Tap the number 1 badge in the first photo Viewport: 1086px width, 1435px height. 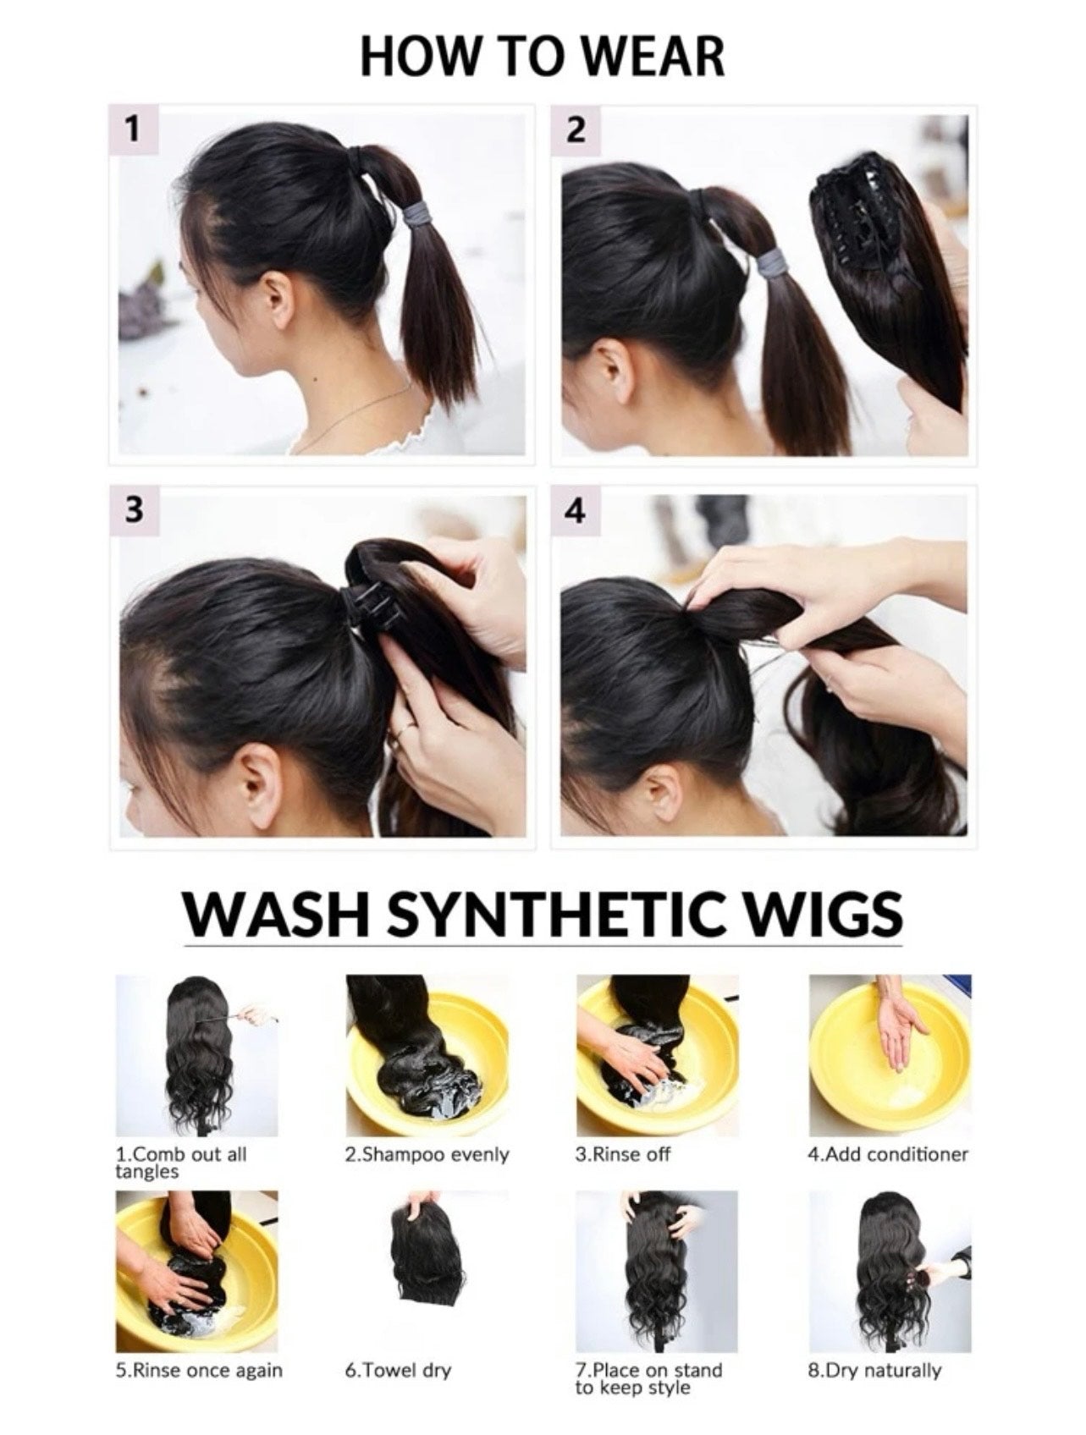(131, 129)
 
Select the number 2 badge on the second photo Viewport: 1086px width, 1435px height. (575, 130)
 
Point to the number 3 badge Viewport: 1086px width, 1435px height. (133, 509)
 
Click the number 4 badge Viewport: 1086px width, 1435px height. (575, 511)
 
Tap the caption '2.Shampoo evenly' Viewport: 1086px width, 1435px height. (427, 1154)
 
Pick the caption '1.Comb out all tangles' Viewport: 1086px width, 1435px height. (180, 1163)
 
